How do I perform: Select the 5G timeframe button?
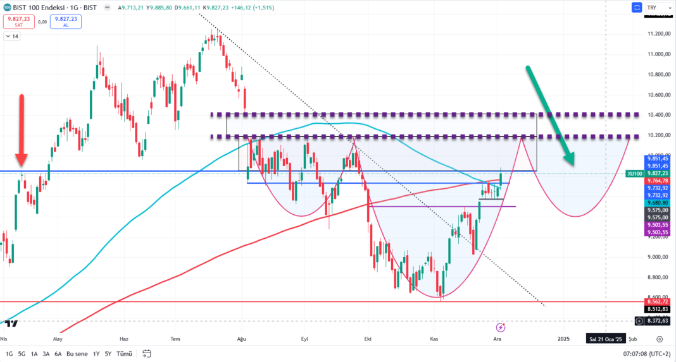[x=22, y=354]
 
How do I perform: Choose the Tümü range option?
[x=124, y=354]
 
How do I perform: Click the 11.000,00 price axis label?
[x=658, y=54]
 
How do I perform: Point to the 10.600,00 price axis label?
[x=658, y=95]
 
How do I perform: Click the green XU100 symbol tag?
[x=635, y=173]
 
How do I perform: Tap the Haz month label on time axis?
[x=124, y=339]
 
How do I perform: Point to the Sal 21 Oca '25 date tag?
[x=606, y=339]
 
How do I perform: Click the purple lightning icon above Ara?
[x=501, y=327]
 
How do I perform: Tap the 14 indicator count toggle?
[x=12, y=37]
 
